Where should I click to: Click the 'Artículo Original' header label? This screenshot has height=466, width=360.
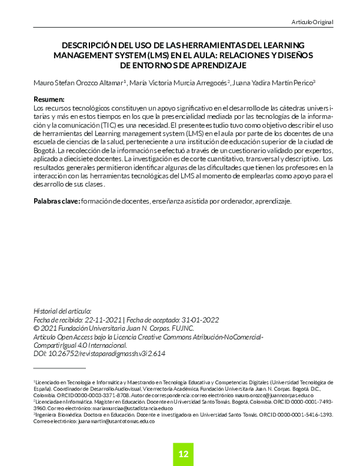tap(311, 22)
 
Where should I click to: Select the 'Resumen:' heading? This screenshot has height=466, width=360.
tap(49, 98)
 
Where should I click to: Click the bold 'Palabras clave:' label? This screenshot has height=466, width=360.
tap(56, 201)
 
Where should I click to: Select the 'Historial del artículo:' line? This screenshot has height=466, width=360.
tap(62, 311)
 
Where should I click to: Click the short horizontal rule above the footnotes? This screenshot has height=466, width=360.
tap(59, 368)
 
